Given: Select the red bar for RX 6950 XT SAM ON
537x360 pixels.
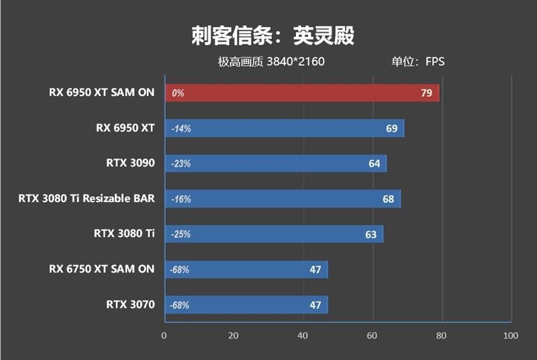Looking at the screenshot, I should pyautogui.click(x=301, y=93).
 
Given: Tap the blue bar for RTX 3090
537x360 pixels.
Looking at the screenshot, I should pyautogui.click(x=275, y=163).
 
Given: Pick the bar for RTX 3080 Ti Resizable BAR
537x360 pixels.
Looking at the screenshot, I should pyautogui.click(x=282, y=199).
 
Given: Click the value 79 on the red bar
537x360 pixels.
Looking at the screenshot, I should pyautogui.click(x=426, y=93).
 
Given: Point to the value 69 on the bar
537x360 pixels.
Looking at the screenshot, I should pyautogui.click(x=391, y=128).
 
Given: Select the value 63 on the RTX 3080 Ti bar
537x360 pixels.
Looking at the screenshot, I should pyautogui.click(x=371, y=234).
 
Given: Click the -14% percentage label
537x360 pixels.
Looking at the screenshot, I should pyautogui.click(x=181, y=128).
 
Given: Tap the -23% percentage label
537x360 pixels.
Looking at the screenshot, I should pyautogui.click(x=181, y=164).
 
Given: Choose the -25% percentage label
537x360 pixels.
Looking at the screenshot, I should pyautogui.click(x=181, y=234).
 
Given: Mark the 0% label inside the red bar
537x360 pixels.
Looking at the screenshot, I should pyautogui.click(x=178, y=93).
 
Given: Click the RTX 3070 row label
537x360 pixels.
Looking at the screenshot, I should pyautogui.click(x=130, y=304).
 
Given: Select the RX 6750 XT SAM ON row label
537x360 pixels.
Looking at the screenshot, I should pyautogui.click(x=101, y=269).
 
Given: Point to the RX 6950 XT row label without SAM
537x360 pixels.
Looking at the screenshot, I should pyautogui.click(x=126, y=128).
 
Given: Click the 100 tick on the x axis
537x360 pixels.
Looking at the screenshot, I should pyautogui.click(x=511, y=335).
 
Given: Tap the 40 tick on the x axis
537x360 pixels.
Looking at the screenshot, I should pyautogui.click(x=303, y=335).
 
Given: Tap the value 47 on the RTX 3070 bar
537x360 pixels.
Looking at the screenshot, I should pyautogui.click(x=315, y=304).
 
